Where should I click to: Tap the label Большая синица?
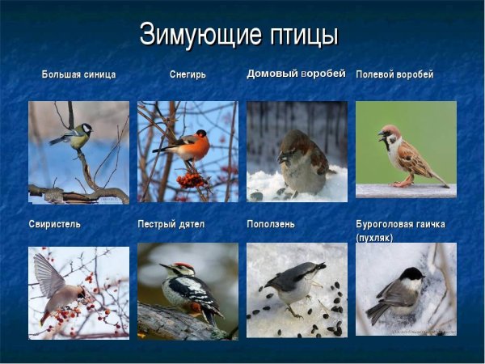pos(78,74)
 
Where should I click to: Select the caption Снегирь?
pos(188,74)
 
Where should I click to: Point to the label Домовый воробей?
pos(296,74)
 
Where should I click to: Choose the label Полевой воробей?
pos(394,74)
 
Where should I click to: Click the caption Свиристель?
pos(54,223)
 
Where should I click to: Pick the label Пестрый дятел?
pos(171,223)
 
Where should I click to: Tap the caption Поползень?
pos(271,223)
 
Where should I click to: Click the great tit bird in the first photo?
pos(74,136)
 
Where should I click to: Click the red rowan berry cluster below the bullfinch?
pos(192,178)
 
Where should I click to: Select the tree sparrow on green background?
pos(404,154)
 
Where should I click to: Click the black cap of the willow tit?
pos(414,275)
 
